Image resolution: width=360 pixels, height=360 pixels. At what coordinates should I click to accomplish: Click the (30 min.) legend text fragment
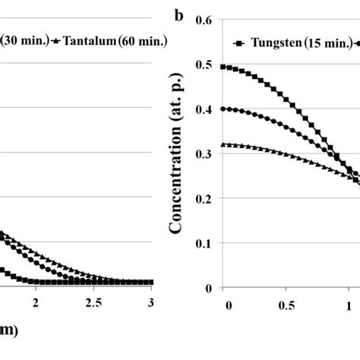[24, 42]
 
